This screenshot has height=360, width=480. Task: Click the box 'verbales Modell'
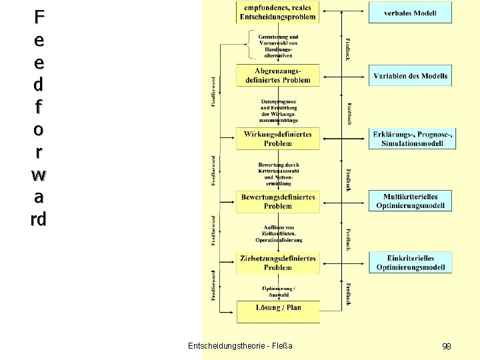coord(410,13)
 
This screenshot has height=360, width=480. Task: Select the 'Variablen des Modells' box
coord(410,76)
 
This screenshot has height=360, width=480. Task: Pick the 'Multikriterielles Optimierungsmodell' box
coord(410,201)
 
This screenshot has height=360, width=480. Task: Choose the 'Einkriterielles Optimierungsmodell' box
coord(410,263)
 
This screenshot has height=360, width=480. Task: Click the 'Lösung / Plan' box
coord(278,308)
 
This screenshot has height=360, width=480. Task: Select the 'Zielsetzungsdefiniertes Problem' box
coord(278,263)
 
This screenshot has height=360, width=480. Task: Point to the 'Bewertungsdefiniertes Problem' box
coord(278,201)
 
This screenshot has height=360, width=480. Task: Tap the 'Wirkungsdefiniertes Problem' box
coord(278,139)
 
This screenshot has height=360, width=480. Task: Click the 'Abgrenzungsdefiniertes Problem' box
coord(278,75)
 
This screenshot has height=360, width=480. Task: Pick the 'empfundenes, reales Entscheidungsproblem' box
coord(278,12)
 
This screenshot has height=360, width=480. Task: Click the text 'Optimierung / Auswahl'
coord(279,291)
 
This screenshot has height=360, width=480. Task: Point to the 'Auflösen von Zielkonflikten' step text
coord(279,233)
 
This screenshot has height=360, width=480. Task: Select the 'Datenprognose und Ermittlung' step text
coord(279,111)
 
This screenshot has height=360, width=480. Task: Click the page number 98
coord(447,347)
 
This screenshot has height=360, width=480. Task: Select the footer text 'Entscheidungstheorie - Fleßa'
coord(240,346)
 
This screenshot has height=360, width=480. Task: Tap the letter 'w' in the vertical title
coord(39,175)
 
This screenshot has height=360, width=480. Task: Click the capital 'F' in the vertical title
coord(39,16)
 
